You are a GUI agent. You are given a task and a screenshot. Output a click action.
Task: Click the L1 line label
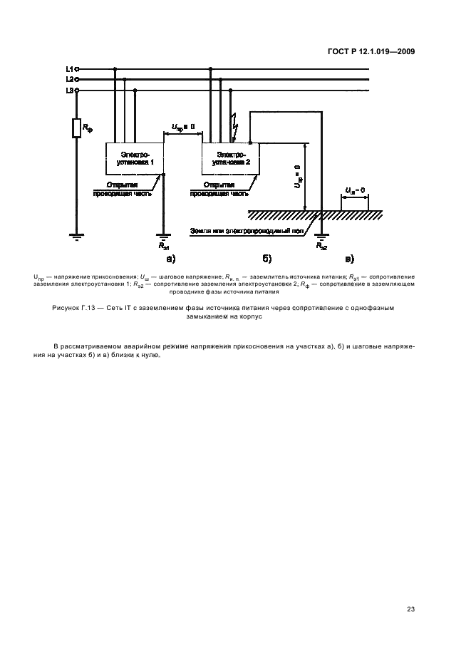pyautogui.click(x=69, y=69)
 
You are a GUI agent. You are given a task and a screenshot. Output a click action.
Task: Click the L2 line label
pyautogui.click(x=69, y=80)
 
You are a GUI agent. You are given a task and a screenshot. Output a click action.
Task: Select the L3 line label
pyautogui.click(x=69, y=91)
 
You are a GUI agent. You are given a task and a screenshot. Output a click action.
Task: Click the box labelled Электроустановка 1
pyautogui.click(x=135, y=157)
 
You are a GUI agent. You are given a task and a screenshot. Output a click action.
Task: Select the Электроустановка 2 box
pyautogui.click(x=231, y=157)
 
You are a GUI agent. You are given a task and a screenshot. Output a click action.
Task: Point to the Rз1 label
pyautogui.click(x=164, y=246)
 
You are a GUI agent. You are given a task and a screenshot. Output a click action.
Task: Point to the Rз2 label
pyautogui.click(x=321, y=246)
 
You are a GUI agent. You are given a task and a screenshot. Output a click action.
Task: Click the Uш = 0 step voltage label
pyautogui.click(x=355, y=190)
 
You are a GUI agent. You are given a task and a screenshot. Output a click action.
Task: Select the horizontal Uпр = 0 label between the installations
pyautogui.click(x=182, y=128)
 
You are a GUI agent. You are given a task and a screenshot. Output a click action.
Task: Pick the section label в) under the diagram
pyautogui.click(x=349, y=257)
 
